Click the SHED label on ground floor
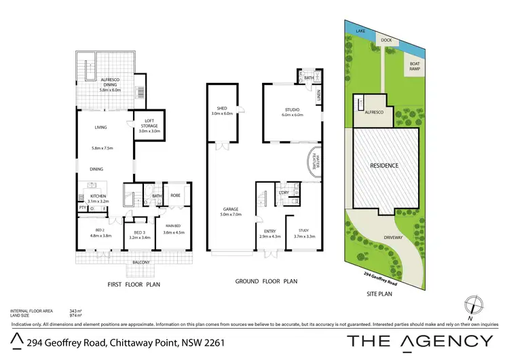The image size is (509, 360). click(x=222, y=108)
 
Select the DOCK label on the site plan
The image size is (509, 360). click(x=386, y=39)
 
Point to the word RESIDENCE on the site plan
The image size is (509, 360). click(x=383, y=165)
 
